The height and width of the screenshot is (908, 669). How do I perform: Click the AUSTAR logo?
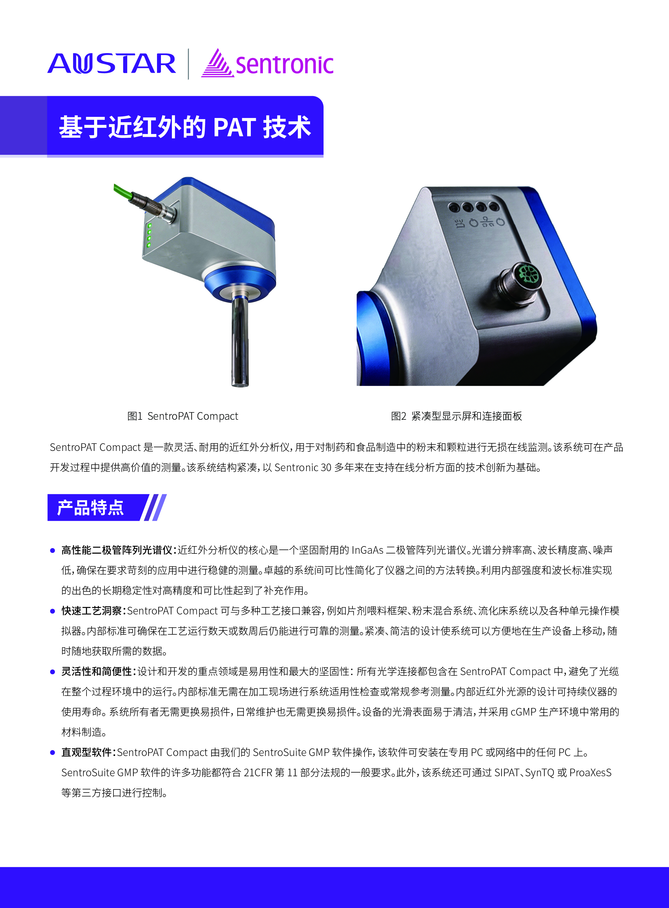pyautogui.click(x=112, y=63)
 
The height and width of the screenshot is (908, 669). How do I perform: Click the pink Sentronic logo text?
pyautogui.click(x=285, y=65)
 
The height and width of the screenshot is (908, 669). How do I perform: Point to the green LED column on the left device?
pyautogui.click(x=149, y=235)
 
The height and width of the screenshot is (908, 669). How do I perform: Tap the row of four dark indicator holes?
pyautogui.click(x=474, y=207)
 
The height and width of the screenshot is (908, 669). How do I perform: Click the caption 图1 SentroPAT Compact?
pyautogui.click(x=183, y=416)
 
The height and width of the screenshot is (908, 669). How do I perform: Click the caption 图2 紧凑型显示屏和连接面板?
pyautogui.click(x=456, y=416)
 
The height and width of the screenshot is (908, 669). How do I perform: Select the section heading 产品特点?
pyautogui.click(x=90, y=507)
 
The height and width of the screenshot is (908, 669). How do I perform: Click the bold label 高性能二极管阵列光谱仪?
pyautogui.click(x=117, y=550)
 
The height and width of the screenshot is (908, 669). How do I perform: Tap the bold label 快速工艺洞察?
pyautogui.click(x=92, y=611)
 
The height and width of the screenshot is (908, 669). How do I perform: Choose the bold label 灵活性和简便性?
pyautogui.click(x=97, y=671)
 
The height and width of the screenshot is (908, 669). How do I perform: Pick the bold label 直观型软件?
pyautogui.click(x=87, y=752)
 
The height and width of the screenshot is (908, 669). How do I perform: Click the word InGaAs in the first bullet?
pyautogui.click(x=367, y=550)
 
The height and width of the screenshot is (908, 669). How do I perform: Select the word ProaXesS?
pyautogui.click(x=590, y=773)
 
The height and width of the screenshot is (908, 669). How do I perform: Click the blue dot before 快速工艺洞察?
pyautogui.click(x=52, y=611)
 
